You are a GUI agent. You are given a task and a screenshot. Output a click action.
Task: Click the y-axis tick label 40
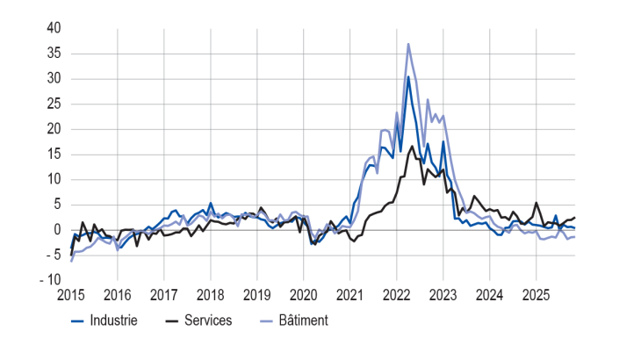pos(54,29)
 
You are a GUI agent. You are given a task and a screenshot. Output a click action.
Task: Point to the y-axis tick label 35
pos(54,54)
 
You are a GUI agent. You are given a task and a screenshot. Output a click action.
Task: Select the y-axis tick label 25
pos(54,104)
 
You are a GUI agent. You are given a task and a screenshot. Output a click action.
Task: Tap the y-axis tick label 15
pos(54,155)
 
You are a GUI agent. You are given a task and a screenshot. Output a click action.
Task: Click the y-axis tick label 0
pos(57,230)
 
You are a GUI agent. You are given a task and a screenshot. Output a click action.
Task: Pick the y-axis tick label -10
pos(51,280)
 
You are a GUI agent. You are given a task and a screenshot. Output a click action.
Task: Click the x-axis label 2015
pos(71,294)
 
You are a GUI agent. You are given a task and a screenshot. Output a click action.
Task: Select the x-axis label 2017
pos(164,294)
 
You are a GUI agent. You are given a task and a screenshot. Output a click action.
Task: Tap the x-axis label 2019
pos(257,294)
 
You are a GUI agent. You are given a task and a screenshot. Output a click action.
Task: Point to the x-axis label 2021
pos(350,294)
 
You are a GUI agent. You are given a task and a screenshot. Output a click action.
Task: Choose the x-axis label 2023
pos(443,294)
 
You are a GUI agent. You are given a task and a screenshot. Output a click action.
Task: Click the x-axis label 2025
pos(537,294)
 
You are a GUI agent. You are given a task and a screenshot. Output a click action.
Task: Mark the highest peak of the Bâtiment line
pos(408,44)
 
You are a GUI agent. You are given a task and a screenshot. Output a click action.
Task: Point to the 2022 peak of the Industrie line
pos(408,77)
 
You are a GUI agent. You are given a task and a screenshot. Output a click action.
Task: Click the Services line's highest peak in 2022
pos(412,146)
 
